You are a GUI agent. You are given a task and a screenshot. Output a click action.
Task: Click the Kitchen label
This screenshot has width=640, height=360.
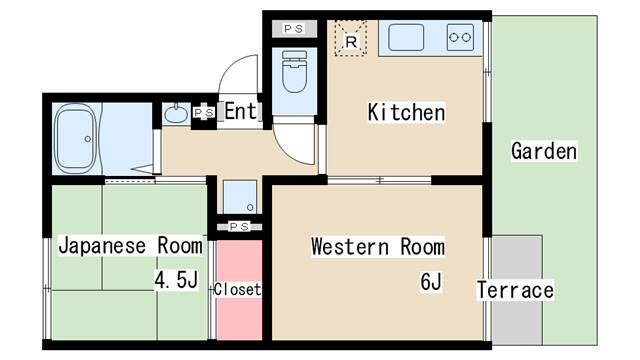pos(406,112)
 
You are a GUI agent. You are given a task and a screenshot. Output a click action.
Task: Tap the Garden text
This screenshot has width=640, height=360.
pos(544,152)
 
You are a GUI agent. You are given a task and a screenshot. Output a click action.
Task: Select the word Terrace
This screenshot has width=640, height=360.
pos(515,290)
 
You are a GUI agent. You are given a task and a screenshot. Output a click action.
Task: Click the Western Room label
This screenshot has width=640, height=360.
pos(377,246)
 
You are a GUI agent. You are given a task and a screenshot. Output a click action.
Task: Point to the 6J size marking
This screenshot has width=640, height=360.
pos(431,282)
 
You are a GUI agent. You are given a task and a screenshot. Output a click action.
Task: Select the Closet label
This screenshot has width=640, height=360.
pos(238,290)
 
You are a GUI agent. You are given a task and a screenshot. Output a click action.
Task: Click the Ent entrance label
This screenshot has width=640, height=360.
pos(240,111)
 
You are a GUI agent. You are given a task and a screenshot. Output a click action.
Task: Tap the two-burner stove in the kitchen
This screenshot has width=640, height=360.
pos(462,38)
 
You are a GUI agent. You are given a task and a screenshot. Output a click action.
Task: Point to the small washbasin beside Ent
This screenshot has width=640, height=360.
pos(175,113)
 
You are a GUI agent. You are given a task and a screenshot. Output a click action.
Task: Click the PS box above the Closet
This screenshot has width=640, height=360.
pos(239,227)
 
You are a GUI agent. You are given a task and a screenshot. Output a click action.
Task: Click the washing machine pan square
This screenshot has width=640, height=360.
pos(239,196)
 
